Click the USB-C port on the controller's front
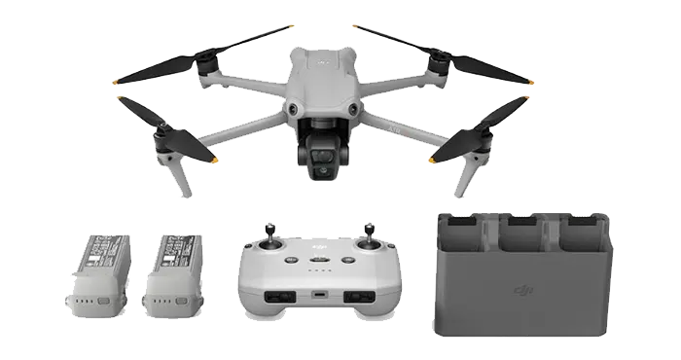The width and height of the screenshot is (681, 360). [x=318, y=293]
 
